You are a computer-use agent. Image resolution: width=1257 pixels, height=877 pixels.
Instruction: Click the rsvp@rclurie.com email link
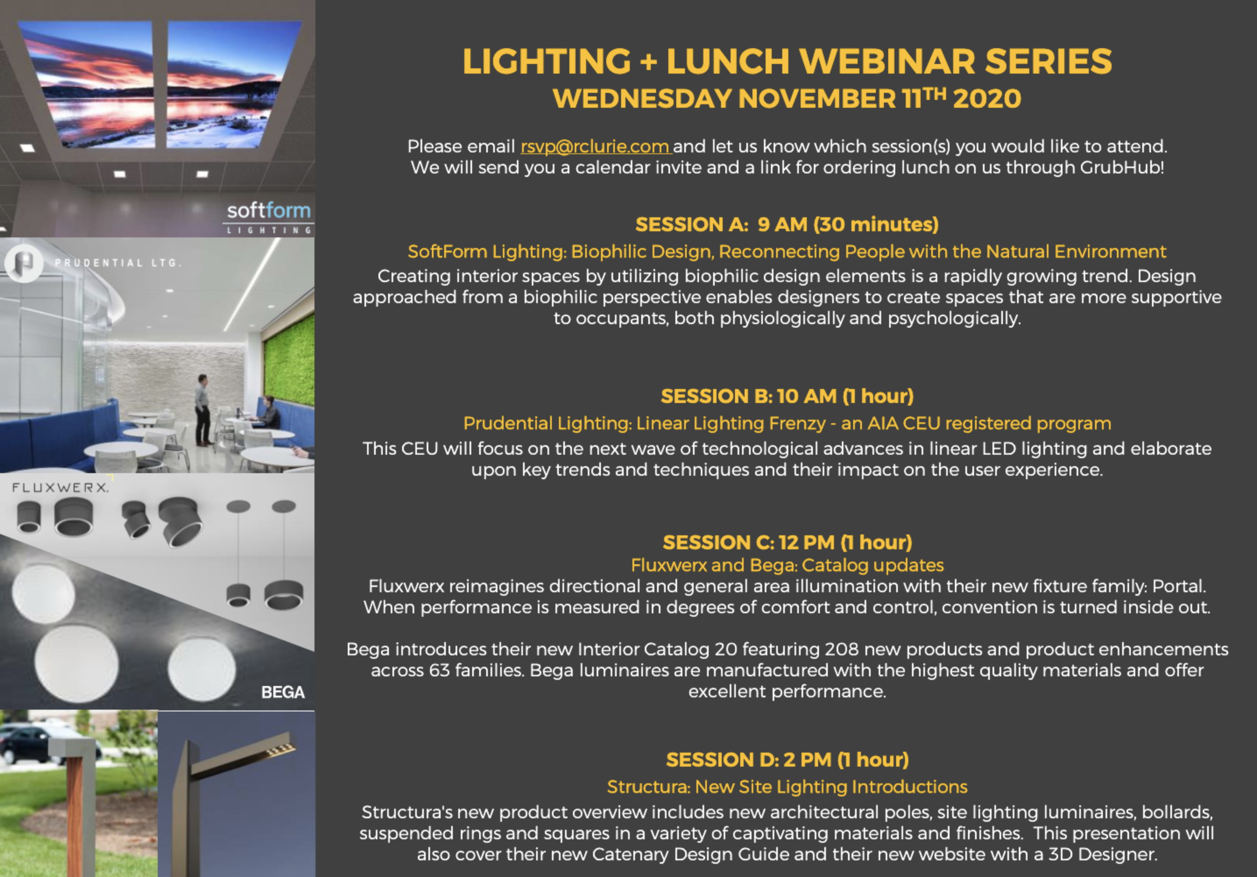coord(595,147)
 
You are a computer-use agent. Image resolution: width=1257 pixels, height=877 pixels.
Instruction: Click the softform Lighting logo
coord(268,217)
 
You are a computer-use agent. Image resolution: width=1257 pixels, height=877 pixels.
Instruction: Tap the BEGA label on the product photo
coord(282,693)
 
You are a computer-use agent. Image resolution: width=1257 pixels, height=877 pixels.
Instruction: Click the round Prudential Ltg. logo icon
coord(24,263)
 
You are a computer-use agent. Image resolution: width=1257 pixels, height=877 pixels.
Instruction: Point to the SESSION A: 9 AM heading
coord(787,224)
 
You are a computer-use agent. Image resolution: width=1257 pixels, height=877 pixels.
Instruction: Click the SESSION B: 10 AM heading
coord(787,396)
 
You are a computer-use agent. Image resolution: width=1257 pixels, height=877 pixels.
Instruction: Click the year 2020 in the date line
coord(986,99)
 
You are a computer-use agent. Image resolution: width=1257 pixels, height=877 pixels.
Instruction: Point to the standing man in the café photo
coord(203,409)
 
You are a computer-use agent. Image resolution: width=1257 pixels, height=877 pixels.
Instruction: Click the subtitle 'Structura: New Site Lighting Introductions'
coord(787,787)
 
